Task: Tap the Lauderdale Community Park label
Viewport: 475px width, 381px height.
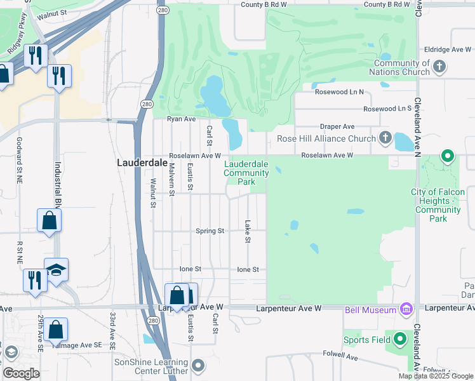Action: [x=246, y=173]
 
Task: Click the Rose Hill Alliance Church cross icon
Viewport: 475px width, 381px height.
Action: [x=385, y=138]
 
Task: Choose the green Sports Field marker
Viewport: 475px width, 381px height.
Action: [x=399, y=339]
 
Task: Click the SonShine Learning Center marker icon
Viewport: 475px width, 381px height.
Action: [x=198, y=365]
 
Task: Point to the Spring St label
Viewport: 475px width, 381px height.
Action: [x=210, y=231]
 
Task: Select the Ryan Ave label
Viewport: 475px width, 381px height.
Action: [x=180, y=119]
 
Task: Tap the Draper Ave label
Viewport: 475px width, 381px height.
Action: [x=337, y=126]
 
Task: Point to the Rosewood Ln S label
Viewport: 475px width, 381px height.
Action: [x=387, y=109]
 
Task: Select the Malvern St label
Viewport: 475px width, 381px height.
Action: [x=171, y=177]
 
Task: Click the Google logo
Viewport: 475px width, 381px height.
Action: [x=21, y=373]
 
